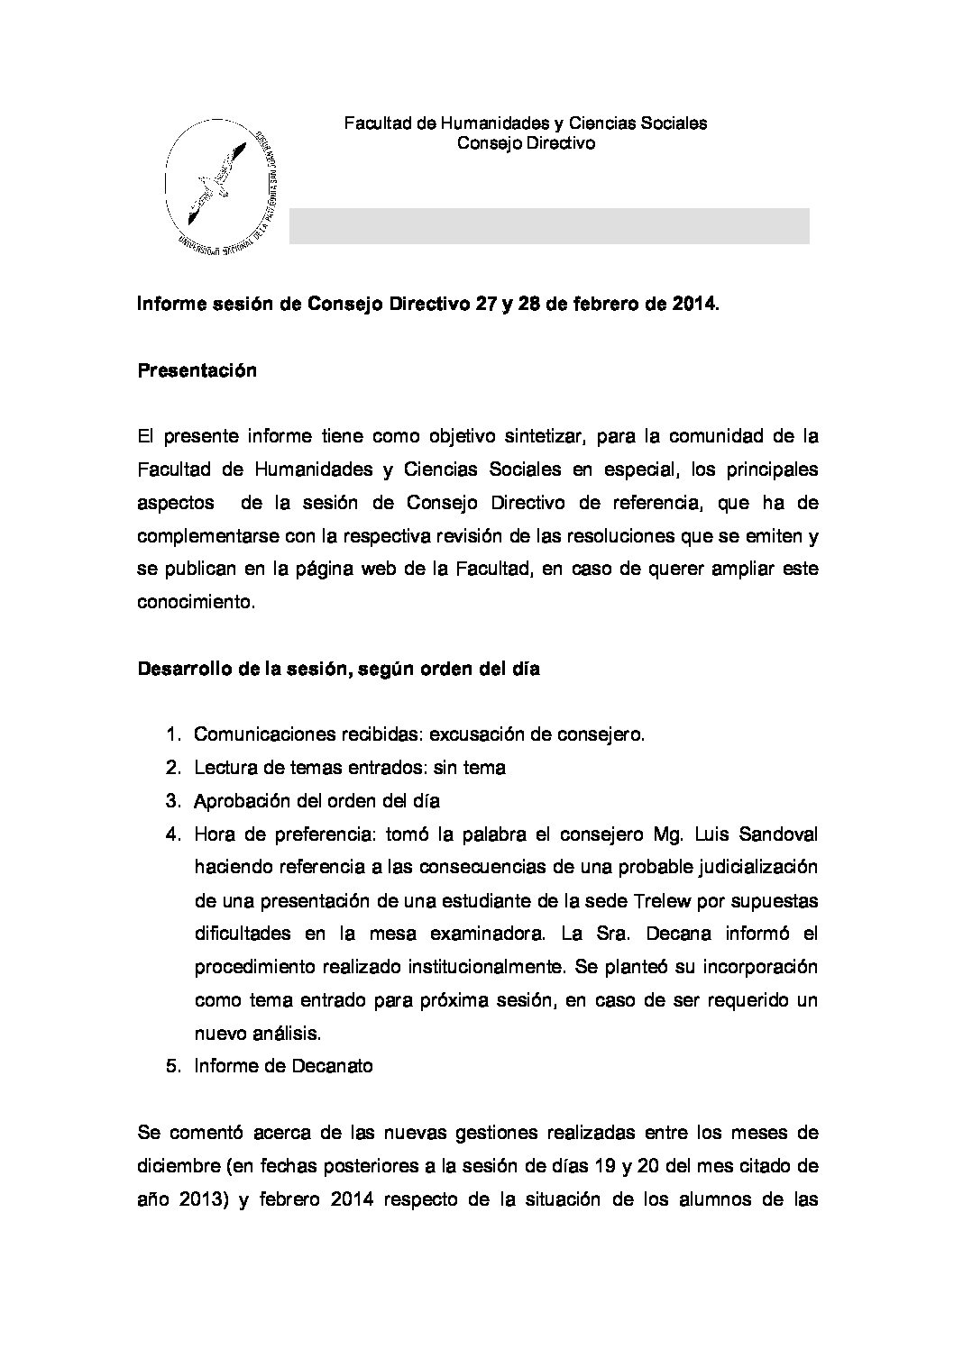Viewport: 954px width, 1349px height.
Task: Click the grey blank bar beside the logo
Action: (548, 226)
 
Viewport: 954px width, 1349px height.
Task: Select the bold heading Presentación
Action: (197, 370)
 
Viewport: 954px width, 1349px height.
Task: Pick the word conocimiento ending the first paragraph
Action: (197, 603)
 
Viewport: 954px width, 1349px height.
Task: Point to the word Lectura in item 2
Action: (222, 768)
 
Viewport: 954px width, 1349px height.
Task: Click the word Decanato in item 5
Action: (332, 1066)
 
